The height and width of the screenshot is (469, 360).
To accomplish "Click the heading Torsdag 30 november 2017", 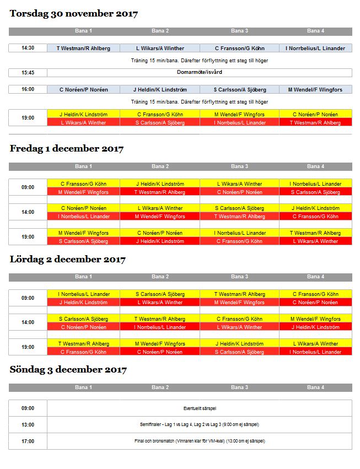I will tap(73, 14).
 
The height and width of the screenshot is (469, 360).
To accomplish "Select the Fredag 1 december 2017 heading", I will tap(66, 149).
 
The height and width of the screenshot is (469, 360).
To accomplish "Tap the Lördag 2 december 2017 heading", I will tap(67, 259).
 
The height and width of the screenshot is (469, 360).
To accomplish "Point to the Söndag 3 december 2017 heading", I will tap(68, 370).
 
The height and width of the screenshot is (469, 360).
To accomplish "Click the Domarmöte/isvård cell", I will tap(199, 73).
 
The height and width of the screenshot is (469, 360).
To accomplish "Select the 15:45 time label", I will tap(28, 73).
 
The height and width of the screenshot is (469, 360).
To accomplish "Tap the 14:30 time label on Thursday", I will tap(28, 48).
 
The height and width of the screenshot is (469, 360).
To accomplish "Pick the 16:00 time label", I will tap(28, 89).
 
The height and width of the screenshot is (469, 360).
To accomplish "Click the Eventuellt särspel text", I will tap(199, 408).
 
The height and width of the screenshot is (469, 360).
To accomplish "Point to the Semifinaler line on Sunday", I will tap(199, 425).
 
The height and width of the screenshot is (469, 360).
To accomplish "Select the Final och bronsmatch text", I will tap(199, 441).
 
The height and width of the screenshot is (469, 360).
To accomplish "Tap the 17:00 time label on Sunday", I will tap(28, 441).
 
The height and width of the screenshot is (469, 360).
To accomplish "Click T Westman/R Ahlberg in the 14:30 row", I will tap(83, 48).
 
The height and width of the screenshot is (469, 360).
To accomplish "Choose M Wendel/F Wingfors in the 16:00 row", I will tap(315, 89).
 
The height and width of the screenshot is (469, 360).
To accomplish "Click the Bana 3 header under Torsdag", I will tap(239, 31).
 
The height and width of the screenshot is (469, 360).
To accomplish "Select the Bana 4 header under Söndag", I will tap(315, 387).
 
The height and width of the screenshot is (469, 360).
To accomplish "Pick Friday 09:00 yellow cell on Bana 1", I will tap(83, 184).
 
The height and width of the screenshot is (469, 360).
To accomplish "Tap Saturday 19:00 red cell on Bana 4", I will tap(315, 352).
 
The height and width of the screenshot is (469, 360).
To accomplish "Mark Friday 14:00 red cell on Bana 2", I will tap(160, 217).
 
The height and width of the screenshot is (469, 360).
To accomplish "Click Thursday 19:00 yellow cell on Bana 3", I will tap(239, 114).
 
